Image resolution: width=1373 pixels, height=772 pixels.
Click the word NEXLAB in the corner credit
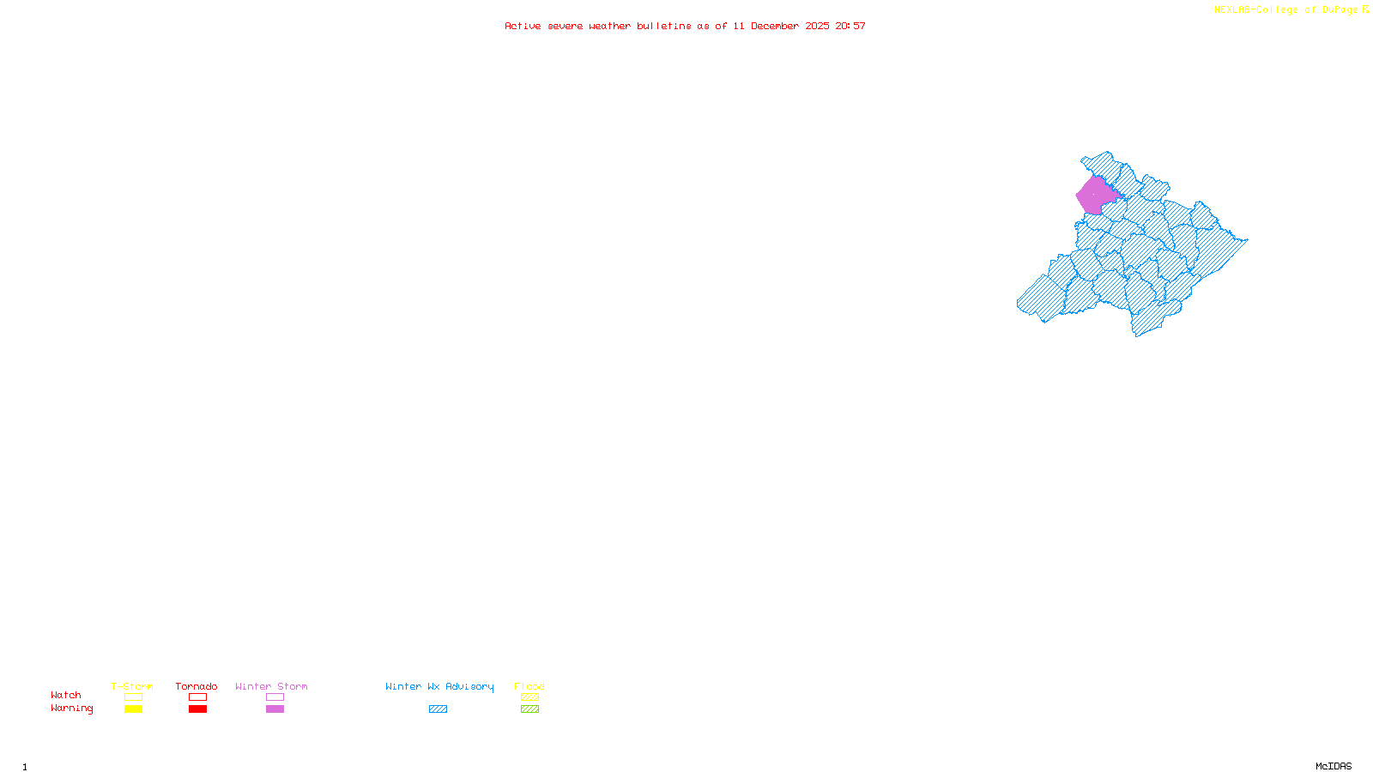1233,10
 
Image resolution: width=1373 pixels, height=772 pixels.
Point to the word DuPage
1340,10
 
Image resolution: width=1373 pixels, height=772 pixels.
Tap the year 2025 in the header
817,27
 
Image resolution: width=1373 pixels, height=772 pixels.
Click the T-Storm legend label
132,686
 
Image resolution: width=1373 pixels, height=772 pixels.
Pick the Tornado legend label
197,686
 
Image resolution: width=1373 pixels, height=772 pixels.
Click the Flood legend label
529,686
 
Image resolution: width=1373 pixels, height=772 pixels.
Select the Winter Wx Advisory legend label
439,686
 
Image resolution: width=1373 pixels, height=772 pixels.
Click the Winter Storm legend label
271,686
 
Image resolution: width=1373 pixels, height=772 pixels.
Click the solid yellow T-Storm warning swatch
133,709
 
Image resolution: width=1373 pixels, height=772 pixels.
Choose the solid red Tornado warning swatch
198,709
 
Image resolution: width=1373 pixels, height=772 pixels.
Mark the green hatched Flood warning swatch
530,709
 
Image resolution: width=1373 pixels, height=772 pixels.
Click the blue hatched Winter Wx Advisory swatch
439,709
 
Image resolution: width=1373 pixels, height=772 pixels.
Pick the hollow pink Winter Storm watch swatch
275,697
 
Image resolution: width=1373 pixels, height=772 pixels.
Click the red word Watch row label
66,696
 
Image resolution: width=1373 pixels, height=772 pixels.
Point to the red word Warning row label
72,709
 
